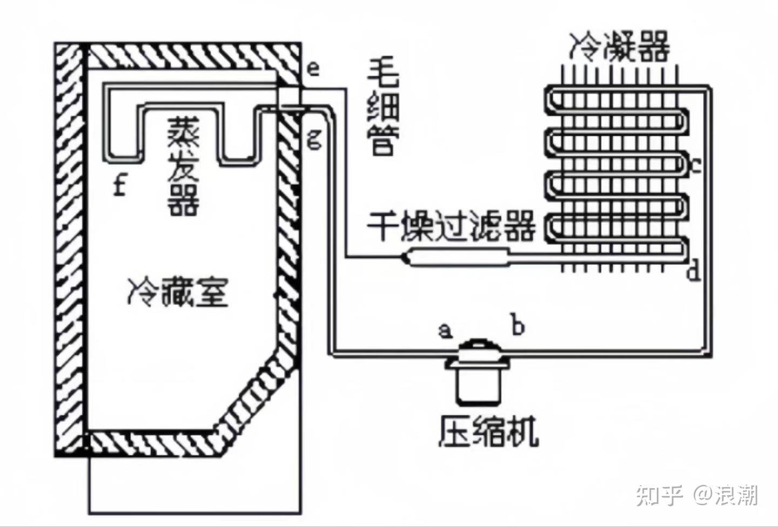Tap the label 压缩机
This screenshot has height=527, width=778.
coord(488,431)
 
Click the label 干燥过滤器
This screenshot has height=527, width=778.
coord(452,226)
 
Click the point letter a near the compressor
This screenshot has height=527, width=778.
coord(445,329)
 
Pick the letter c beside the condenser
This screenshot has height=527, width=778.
coord(696,165)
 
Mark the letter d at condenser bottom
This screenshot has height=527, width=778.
coord(694,270)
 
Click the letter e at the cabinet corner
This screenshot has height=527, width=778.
coord(313,69)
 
